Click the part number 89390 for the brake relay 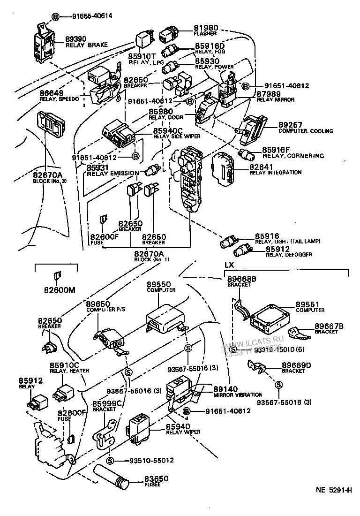click(x=76, y=39)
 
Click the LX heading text click(x=229, y=265)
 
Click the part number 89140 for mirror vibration click(x=225, y=389)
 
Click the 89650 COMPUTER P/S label click(x=100, y=304)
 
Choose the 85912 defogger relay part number click(x=279, y=249)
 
